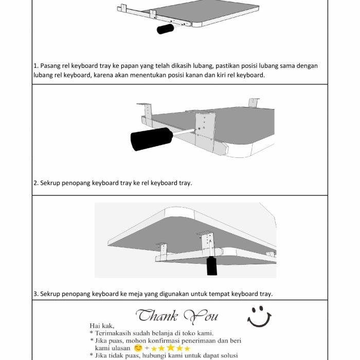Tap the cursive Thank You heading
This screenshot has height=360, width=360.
[x=177, y=315]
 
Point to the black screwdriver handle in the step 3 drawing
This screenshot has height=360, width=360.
[x=211, y=266]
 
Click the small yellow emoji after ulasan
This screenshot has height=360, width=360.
[x=138, y=348]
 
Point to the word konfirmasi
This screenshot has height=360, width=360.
[x=160, y=340]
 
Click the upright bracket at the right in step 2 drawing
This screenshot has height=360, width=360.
[x=254, y=104]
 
